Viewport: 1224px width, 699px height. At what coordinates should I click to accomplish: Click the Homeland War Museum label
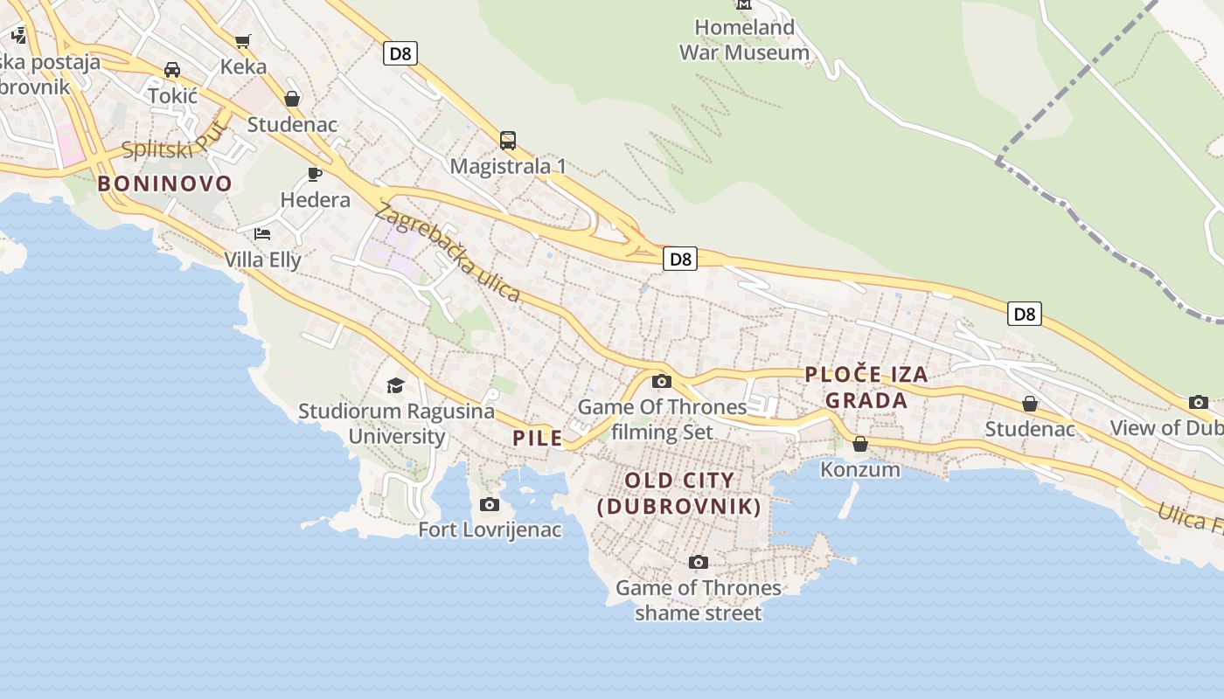[x=744, y=40]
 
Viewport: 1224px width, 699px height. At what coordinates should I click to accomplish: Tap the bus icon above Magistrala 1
[x=508, y=140]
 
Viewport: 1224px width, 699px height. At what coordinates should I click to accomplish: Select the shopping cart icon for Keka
[x=243, y=41]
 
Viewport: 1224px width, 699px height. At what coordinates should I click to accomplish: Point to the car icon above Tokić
[x=172, y=70]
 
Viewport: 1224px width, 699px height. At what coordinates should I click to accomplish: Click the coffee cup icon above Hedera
[x=315, y=174]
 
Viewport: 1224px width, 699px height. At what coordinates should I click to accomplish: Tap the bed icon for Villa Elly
[x=262, y=233]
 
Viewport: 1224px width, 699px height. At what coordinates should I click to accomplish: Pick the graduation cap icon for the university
[x=396, y=385]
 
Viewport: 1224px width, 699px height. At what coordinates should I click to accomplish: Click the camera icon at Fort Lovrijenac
[x=490, y=504]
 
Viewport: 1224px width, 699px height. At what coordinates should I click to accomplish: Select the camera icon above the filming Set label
[x=662, y=381]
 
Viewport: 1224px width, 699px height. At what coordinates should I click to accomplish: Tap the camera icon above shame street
[x=698, y=562]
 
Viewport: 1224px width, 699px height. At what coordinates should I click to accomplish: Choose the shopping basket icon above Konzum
[x=860, y=444]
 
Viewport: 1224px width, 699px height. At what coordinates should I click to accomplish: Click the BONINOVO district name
[x=165, y=183]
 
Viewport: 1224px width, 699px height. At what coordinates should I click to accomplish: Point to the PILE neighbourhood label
[x=538, y=439]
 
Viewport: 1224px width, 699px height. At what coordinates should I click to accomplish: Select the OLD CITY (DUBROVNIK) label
[x=679, y=493]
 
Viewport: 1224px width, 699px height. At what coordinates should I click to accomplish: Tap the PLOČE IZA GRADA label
[x=866, y=387]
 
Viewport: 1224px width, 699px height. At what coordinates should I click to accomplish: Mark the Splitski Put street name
[x=176, y=142]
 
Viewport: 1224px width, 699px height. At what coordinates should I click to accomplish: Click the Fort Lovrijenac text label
[x=490, y=529]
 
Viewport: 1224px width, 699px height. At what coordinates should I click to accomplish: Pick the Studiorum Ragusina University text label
[x=397, y=423]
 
